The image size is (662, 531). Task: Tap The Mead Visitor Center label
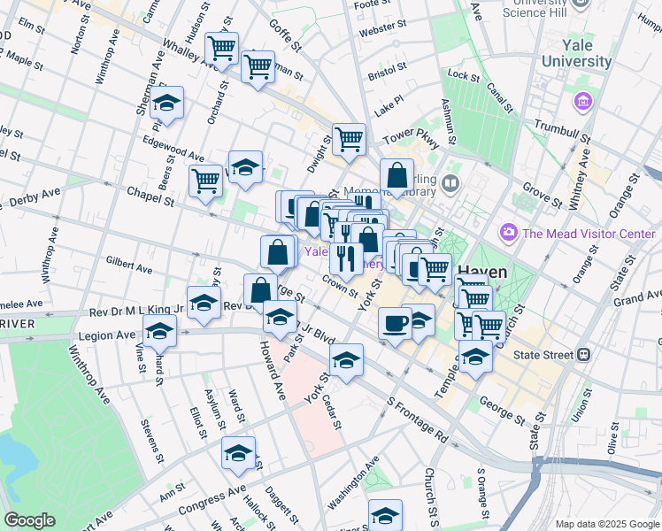coord(588,234)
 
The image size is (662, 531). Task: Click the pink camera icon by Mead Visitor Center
coord(509,233)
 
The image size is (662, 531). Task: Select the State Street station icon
coord(584,355)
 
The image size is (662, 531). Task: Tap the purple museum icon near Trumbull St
coord(582,103)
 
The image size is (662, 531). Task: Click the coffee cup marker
coord(395,321)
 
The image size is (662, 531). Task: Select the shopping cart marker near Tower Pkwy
coord(350,139)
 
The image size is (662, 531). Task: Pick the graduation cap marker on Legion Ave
coord(160,332)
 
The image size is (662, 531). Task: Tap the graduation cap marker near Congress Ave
coord(237,453)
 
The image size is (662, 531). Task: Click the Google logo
coord(29,520)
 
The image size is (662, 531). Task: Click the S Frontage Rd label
coord(416,419)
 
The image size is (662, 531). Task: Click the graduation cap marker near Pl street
coord(166,104)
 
